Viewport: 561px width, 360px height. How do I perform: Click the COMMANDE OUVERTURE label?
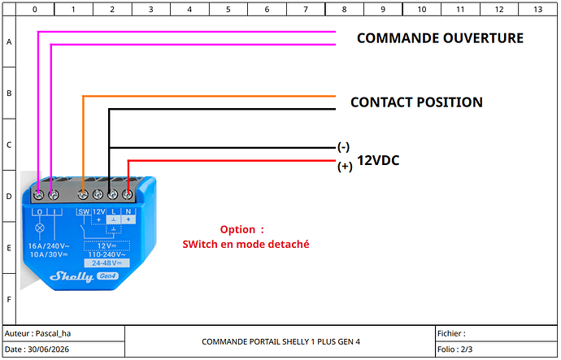pos(440,38)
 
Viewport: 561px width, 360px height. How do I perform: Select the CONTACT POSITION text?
pos(416,102)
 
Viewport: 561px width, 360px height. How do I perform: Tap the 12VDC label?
pos(378,161)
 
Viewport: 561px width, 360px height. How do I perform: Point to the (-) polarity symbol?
pos(343,147)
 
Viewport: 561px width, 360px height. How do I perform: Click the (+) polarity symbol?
pos(345,167)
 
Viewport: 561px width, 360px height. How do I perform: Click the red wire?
pos(232,161)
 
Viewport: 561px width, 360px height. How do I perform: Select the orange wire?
pos(209,96)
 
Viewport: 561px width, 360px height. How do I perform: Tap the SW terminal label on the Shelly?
pos(84,211)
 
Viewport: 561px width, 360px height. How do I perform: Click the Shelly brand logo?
pos(72,276)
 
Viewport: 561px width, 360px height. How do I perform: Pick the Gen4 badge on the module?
pos(107,276)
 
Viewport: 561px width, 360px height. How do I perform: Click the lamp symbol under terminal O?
pos(40,228)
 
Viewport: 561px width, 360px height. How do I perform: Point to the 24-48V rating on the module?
pos(107,263)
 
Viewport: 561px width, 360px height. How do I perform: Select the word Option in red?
pos(237,229)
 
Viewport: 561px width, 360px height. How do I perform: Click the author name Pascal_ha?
pos(54,333)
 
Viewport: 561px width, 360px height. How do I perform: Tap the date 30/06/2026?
pos(48,349)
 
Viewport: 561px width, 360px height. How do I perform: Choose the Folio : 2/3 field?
pos(454,349)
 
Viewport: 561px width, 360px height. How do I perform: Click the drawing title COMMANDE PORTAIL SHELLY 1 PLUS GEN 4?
pos(280,342)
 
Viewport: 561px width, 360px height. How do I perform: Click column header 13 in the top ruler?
pos(537,10)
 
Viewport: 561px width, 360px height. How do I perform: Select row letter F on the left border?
pos(9,299)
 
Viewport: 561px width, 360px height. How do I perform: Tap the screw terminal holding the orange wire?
pos(83,195)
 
